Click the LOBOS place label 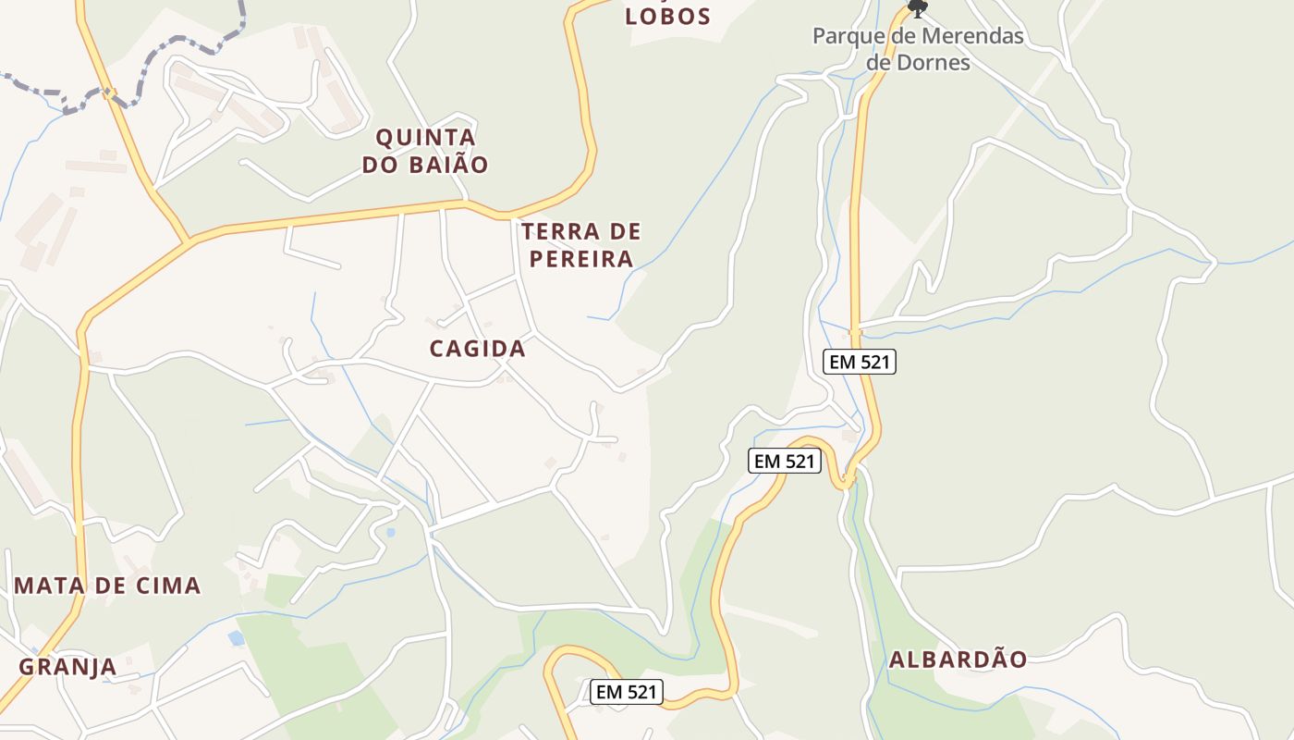[x=667, y=16]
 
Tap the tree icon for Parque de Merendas [x=917, y=8]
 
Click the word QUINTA [x=425, y=138]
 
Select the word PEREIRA [x=580, y=259]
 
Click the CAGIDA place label [x=477, y=349]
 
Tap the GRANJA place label [x=67, y=667]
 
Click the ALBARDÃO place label [x=958, y=660]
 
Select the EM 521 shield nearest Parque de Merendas [x=860, y=362]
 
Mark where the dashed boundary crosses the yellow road [x=109, y=92]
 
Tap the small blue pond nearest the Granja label [x=237, y=638]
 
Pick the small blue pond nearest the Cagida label [x=390, y=533]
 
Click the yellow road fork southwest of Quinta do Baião [x=190, y=241]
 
